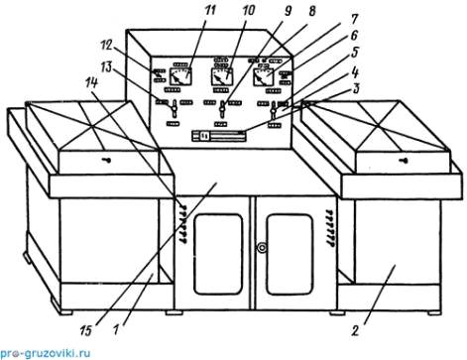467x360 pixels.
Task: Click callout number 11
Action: click(x=209, y=10)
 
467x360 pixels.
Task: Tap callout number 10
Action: click(x=248, y=10)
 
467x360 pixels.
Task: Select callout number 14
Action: click(x=91, y=82)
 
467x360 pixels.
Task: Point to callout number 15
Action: click(x=85, y=330)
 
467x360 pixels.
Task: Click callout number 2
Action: click(x=355, y=330)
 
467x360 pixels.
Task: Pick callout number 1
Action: click(x=116, y=329)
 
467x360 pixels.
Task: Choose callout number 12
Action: click(x=107, y=45)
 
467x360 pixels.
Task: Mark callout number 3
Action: click(x=355, y=88)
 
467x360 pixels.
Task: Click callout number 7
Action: click(x=354, y=20)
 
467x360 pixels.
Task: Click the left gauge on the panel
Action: click(x=180, y=76)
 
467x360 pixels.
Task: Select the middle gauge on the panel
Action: click(x=221, y=76)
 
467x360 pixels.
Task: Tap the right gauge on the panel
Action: click(x=264, y=77)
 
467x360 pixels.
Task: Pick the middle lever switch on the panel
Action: click(x=223, y=109)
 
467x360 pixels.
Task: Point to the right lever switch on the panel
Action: click(x=274, y=110)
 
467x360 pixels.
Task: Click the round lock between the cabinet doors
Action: click(x=262, y=247)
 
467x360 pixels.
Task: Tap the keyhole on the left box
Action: click(x=106, y=161)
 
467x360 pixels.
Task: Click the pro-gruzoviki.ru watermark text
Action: click(x=46, y=353)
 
